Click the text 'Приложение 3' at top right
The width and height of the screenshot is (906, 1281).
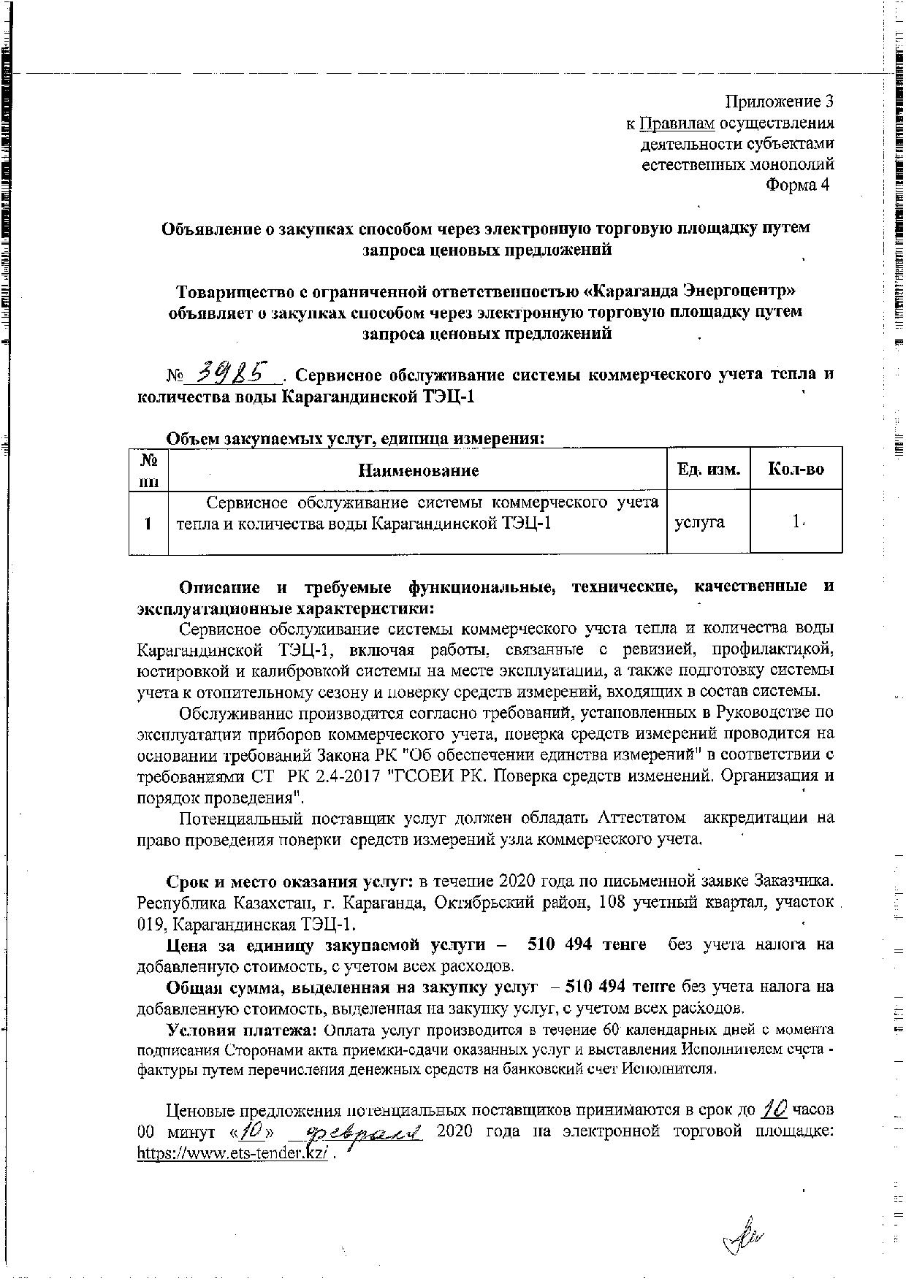coord(779,101)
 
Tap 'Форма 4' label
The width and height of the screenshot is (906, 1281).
coord(797,185)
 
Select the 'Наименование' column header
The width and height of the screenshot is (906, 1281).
coord(418,470)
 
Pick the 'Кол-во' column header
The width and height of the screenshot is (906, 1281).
coord(796,470)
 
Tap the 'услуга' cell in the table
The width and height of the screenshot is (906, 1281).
coord(699,522)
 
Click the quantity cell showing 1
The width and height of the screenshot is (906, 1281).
coord(796,521)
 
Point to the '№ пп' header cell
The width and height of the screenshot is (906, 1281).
coord(149,470)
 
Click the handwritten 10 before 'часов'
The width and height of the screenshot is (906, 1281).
coord(774,1109)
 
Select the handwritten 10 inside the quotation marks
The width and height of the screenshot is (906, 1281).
coord(251,1131)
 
